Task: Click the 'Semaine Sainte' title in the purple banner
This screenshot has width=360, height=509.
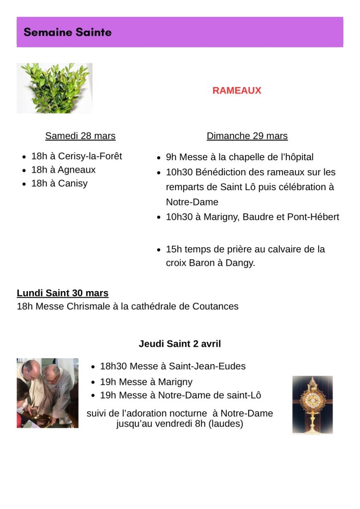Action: [68, 32]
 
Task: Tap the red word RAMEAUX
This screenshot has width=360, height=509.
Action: [237, 91]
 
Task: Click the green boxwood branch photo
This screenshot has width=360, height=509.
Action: [54, 88]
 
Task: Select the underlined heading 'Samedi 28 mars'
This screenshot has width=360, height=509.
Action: [80, 136]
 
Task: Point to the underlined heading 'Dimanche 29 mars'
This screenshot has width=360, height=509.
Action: [247, 136]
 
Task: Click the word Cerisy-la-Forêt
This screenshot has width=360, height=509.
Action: [90, 156]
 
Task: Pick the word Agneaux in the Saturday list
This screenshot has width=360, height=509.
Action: [77, 170]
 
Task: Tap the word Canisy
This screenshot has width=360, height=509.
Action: [73, 184]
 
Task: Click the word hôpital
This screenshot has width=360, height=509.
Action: [297, 157]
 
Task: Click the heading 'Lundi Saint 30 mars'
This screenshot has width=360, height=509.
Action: [63, 293]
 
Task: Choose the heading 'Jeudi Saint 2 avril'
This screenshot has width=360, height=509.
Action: [180, 344]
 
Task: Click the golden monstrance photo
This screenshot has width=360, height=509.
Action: [312, 405]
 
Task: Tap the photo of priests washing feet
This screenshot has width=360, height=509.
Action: [48, 393]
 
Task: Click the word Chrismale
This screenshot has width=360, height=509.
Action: [91, 306]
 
